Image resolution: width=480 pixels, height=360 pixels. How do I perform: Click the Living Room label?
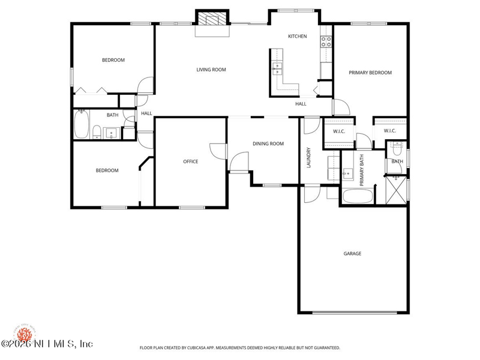[211, 70]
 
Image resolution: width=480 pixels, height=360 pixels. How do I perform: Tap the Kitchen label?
[297, 37]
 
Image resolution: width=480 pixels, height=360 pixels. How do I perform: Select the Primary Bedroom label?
[370, 73]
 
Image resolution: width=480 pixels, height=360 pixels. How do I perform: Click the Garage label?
[352, 253]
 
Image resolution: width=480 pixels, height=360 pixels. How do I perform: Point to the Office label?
[191, 161]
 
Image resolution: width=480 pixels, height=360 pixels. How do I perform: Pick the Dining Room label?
[268, 143]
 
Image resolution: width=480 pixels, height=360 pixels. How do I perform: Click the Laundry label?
[308, 158]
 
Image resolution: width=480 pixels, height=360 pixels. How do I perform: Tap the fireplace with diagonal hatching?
[212, 18]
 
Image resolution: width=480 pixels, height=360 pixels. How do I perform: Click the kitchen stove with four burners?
[326, 41]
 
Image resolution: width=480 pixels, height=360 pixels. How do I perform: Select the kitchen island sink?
[277, 69]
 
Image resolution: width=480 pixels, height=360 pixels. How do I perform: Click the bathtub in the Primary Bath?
[358, 196]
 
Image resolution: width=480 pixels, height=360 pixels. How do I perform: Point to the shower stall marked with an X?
[396, 190]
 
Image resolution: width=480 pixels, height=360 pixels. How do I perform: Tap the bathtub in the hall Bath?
[82, 124]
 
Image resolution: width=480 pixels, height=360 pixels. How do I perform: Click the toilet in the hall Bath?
[97, 131]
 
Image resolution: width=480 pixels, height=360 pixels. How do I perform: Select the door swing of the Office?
[218, 151]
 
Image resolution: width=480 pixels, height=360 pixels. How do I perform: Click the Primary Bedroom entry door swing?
[341, 107]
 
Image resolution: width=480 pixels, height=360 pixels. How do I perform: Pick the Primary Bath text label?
[362, 170]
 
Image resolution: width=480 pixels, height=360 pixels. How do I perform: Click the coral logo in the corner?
[25, 334]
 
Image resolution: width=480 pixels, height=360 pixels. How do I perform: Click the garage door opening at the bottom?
[355, 313]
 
